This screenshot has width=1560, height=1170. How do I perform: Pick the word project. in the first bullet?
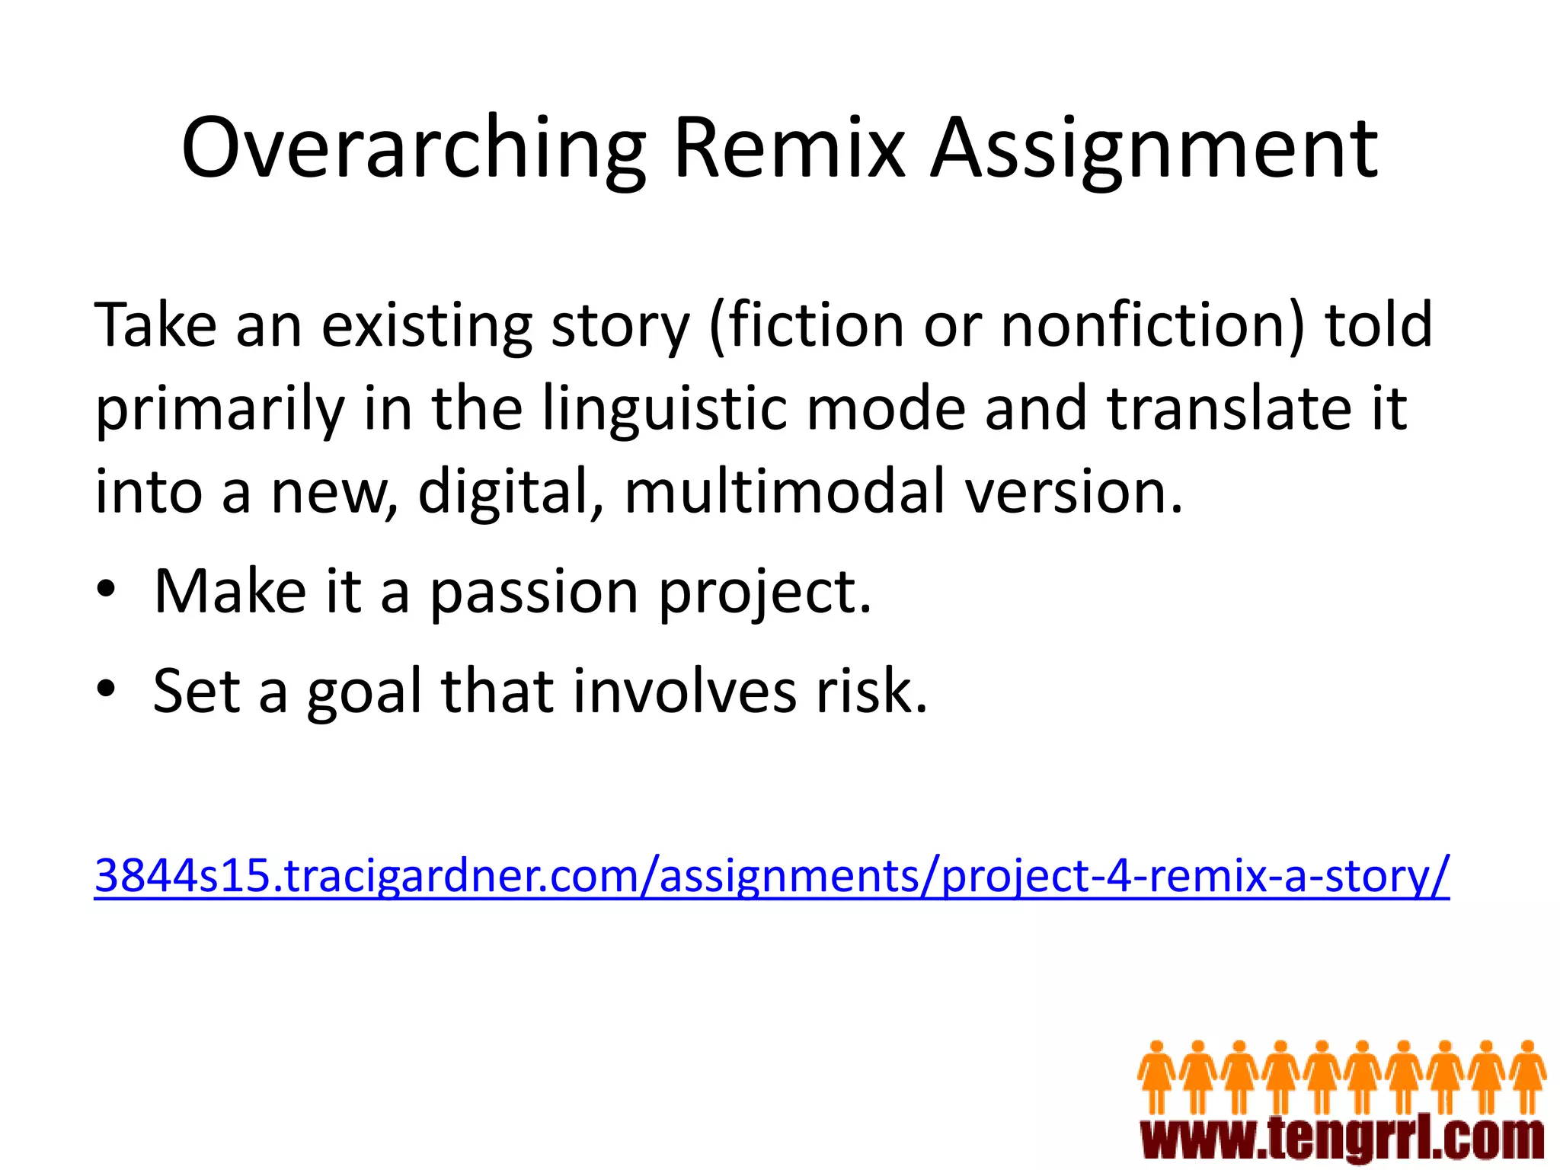pyautogui.click(x=765, y=592)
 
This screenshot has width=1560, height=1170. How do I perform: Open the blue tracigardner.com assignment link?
pyautogui.click(x=771, y=875)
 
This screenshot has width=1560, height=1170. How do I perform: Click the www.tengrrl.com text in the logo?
pyautogui.click(x=1342, y=1140)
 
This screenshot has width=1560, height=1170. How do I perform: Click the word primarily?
pyautogui.click(x=219, y=408)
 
